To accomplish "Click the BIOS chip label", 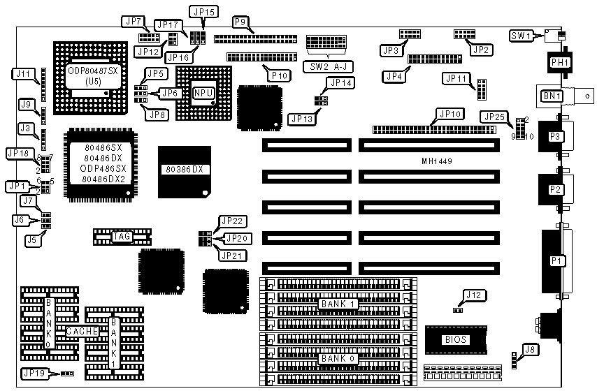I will (x=454, y=340).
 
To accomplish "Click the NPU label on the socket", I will (x=203, y=92).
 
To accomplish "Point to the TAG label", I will (x=121, y=237).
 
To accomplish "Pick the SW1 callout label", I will (x=522, y=35).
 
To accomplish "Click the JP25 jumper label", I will (x=492, y=115).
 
